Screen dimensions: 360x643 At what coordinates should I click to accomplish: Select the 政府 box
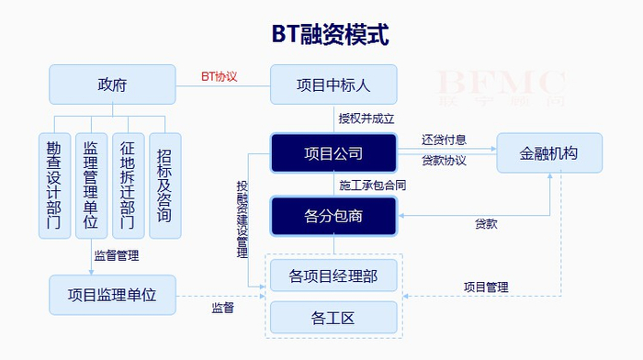pyautogui.click(x=112, y=84)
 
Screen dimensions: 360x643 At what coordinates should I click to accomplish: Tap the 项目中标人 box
pyautogui.click(x=333, y=84)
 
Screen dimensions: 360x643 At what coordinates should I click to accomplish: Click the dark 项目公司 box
pyautogui.click(x=333, y=152)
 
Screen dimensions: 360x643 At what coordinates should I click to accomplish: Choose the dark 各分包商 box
pyautogui.click(x=333, y=216)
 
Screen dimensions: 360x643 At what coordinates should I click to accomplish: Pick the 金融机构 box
pyautogui.click(x=549, y=152)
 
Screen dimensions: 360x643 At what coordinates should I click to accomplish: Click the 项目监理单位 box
pyautogui.click(x=112, y=295)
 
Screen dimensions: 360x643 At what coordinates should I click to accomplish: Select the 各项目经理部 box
pyautogui.click(x=333, y=275)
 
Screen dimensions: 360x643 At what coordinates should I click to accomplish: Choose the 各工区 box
pyautogui.click(x=333, y=318)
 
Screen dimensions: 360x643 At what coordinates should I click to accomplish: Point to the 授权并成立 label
pyautogui.click(x=366, y=118)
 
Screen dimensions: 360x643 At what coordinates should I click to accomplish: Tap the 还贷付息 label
pyautogui.click(x=444, y=141)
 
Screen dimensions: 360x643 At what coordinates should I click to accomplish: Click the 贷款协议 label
pyautogui.click(x=444, y=161)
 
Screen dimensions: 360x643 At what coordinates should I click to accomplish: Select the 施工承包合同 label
pyautogui.click(x=372, y=186)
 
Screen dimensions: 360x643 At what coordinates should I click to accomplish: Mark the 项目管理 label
pyautogui.click(x=486, y=287)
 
